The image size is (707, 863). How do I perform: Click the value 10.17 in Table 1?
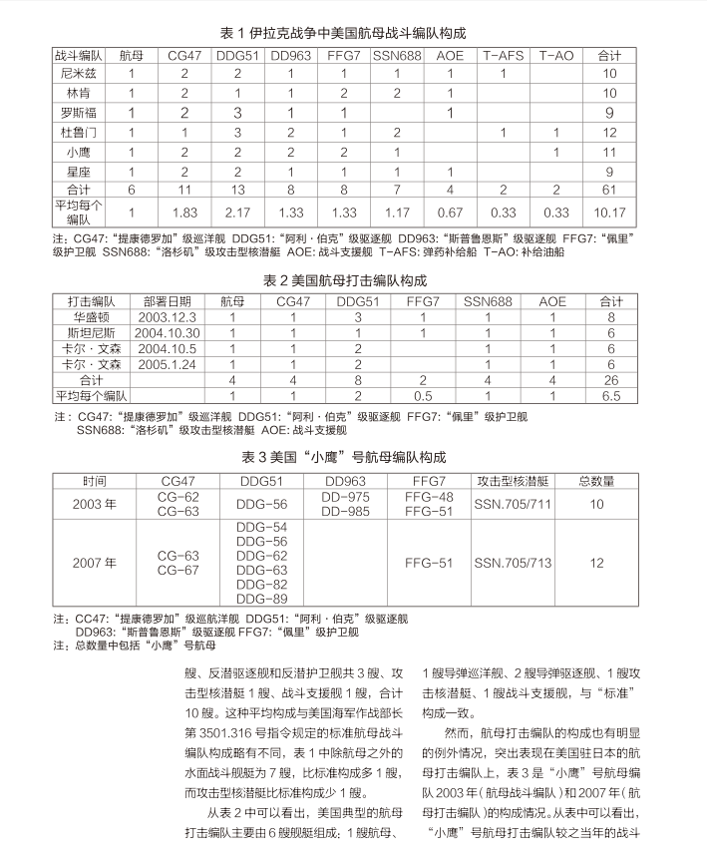[609, 212]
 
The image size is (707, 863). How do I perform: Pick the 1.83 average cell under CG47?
[184, 212]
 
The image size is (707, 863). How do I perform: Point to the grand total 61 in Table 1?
[609, 189]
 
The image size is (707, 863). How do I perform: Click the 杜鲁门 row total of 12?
[609, 132]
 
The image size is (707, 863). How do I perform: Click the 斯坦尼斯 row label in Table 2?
[92, 333]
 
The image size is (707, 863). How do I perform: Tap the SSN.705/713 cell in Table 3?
[513, 563]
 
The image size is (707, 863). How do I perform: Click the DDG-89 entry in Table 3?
[264, 598]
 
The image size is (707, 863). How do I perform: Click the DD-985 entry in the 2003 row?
[346, 512]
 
